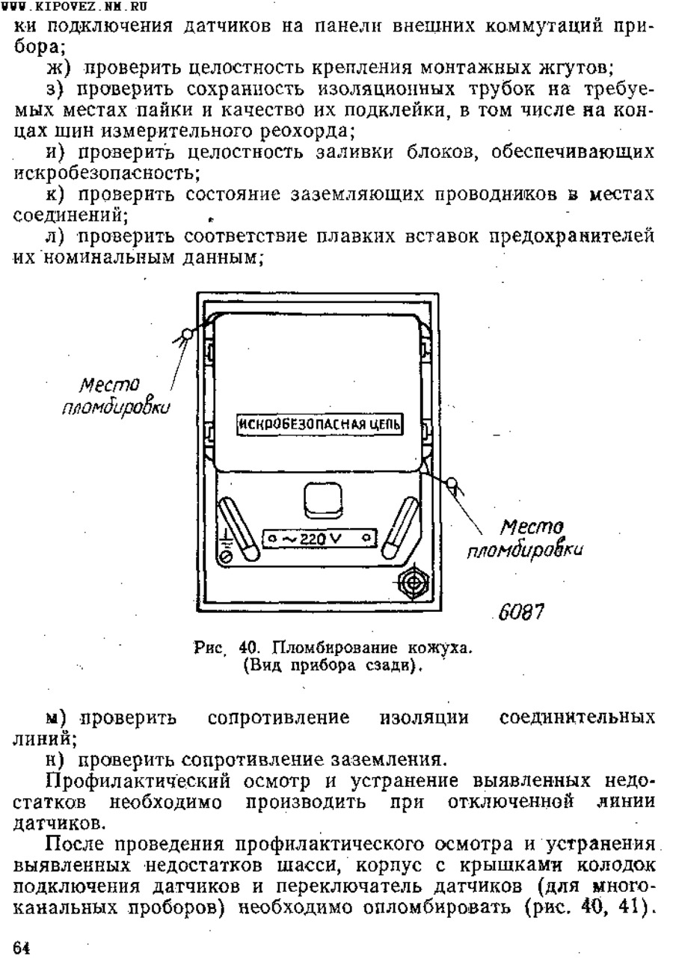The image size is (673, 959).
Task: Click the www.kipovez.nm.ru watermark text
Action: [x=75, y=6]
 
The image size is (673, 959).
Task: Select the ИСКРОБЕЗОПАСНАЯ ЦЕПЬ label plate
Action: [x=320, y=424]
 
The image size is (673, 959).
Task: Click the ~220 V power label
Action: [x=320, y=539]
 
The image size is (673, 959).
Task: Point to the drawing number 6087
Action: [x=521, y=612]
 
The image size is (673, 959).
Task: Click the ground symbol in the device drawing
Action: [x=226, y=545]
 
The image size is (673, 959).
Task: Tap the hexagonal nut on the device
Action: [x=413, y=583]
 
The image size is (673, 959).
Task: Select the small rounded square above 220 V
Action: [x=323, y=500]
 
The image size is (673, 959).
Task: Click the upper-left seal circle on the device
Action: [x=186, y=334]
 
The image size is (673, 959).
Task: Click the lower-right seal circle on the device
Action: [x=452, y=483]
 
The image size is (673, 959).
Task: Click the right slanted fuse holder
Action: [x=399, y=528]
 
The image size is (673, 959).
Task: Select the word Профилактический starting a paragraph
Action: [x=138, y=782]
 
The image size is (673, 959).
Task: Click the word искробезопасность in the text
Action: [x=107, y=174]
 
